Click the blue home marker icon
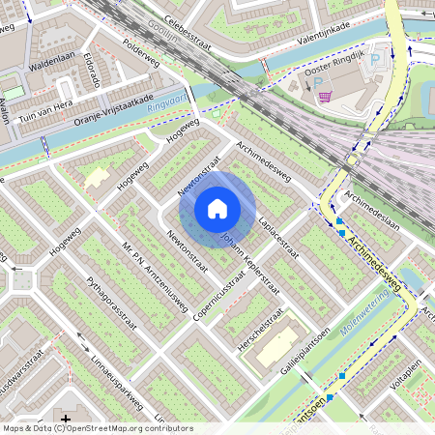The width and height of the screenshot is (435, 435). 217,208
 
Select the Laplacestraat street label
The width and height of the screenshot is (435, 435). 279,239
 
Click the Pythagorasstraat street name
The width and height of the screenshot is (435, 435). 112,307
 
